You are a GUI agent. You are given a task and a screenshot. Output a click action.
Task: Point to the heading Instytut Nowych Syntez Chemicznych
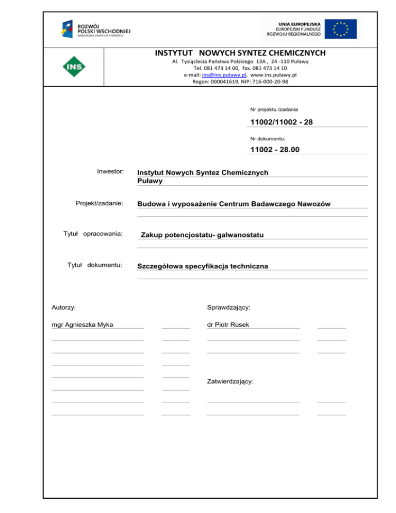pyautogui.click(x=240, y=53)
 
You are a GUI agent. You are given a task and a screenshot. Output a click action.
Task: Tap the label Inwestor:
pyautogui.click(x=110, y=170)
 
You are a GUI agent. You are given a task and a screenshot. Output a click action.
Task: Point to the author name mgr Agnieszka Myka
pyautogui.click(x=82, y=325)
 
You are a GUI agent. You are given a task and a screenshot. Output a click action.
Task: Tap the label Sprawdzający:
pyautogui.click(x=228, y=307)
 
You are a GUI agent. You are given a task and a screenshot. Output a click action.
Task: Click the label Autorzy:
pyautogui.click(x=64, y=307)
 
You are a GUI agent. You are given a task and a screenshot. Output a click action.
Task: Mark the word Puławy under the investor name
pyautogui.click(x=150, y=181)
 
